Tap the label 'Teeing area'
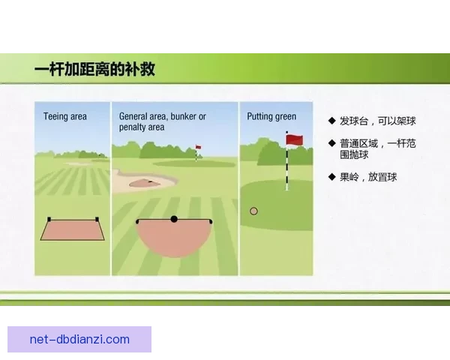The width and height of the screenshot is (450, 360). point(65,116)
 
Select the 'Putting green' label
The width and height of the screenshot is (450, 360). point(271,116)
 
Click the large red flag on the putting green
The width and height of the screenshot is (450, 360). point(295,139)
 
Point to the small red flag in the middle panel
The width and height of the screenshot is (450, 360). point(199,148)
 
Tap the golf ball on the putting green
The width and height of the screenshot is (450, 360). point(253,211)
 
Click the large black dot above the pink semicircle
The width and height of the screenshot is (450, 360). point(174,219)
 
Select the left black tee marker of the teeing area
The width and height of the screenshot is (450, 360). point(49,219)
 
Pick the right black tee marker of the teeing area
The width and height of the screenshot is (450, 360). point(97,219)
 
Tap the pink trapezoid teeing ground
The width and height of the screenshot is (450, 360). point(73,231)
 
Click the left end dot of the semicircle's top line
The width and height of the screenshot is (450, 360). point(137,222)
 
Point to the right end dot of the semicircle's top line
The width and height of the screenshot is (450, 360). point(211,222)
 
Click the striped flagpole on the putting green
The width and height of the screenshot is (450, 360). point(286,169)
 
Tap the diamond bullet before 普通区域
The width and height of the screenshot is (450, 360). point(331,142)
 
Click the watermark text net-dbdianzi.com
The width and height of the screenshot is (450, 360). point(79,339)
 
